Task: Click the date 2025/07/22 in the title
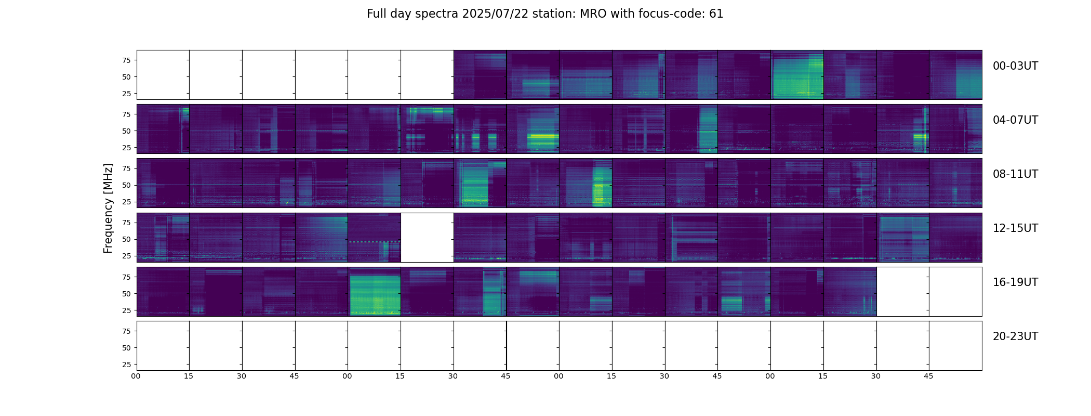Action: [495, 14]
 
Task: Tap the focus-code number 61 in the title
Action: [716, 14]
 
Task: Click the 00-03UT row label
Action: [1015, 66]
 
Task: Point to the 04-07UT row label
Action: [1015, 120]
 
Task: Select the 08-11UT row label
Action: [1015, 174]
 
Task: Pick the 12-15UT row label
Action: [1015, 228]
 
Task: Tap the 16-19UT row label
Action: [1015, 282]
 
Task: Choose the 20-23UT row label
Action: [1015, 336]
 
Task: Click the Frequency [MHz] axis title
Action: [108, 208]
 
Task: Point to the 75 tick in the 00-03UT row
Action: [126, 60]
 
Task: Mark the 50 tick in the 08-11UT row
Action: [126, 185]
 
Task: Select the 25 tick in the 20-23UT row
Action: [126, 365]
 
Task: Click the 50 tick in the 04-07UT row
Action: [126, 131]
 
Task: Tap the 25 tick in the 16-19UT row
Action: [126, 310]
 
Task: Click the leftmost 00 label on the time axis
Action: [136, 376]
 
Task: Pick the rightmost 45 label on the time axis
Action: [928, 376]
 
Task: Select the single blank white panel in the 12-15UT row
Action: [427, 238]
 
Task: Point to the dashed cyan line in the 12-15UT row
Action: [375, 242]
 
